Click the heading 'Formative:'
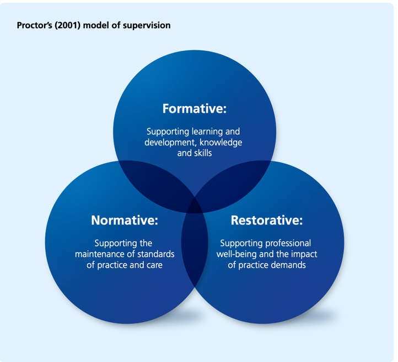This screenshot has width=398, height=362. click(194, 109)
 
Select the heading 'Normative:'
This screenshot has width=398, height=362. click(125, 221)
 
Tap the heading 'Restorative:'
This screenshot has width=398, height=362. click(266, 221)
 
